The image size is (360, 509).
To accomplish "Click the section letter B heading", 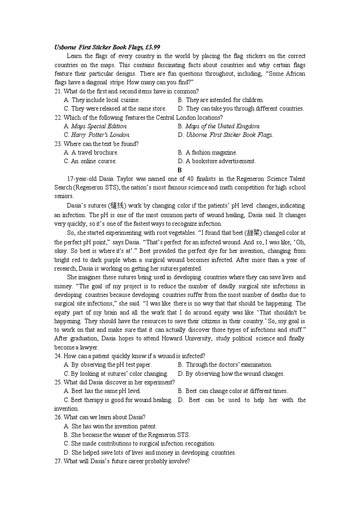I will [180, 170].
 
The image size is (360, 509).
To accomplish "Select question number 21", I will [58, 91].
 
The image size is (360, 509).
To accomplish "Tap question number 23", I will [58, 144].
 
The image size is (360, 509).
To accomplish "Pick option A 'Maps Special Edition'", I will [96, 126].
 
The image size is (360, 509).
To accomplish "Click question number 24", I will [58, 356].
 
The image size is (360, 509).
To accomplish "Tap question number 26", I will [58, 417].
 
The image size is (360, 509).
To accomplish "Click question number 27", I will [58, 461].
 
